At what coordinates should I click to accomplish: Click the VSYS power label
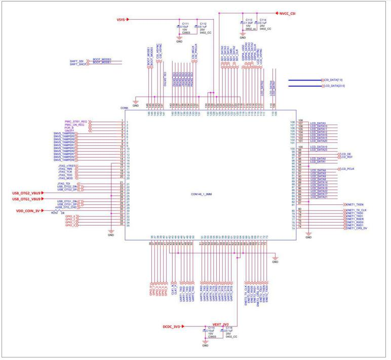(x=121, y=19)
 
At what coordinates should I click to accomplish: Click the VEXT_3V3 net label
(x=220, y=324)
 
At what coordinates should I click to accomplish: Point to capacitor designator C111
(x=185, y=23)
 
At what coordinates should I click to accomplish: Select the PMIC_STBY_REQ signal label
(x=76, y=122)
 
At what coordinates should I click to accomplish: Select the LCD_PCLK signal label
(x=350, y=168)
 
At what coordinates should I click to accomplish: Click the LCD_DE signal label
(x=346, y=153)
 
